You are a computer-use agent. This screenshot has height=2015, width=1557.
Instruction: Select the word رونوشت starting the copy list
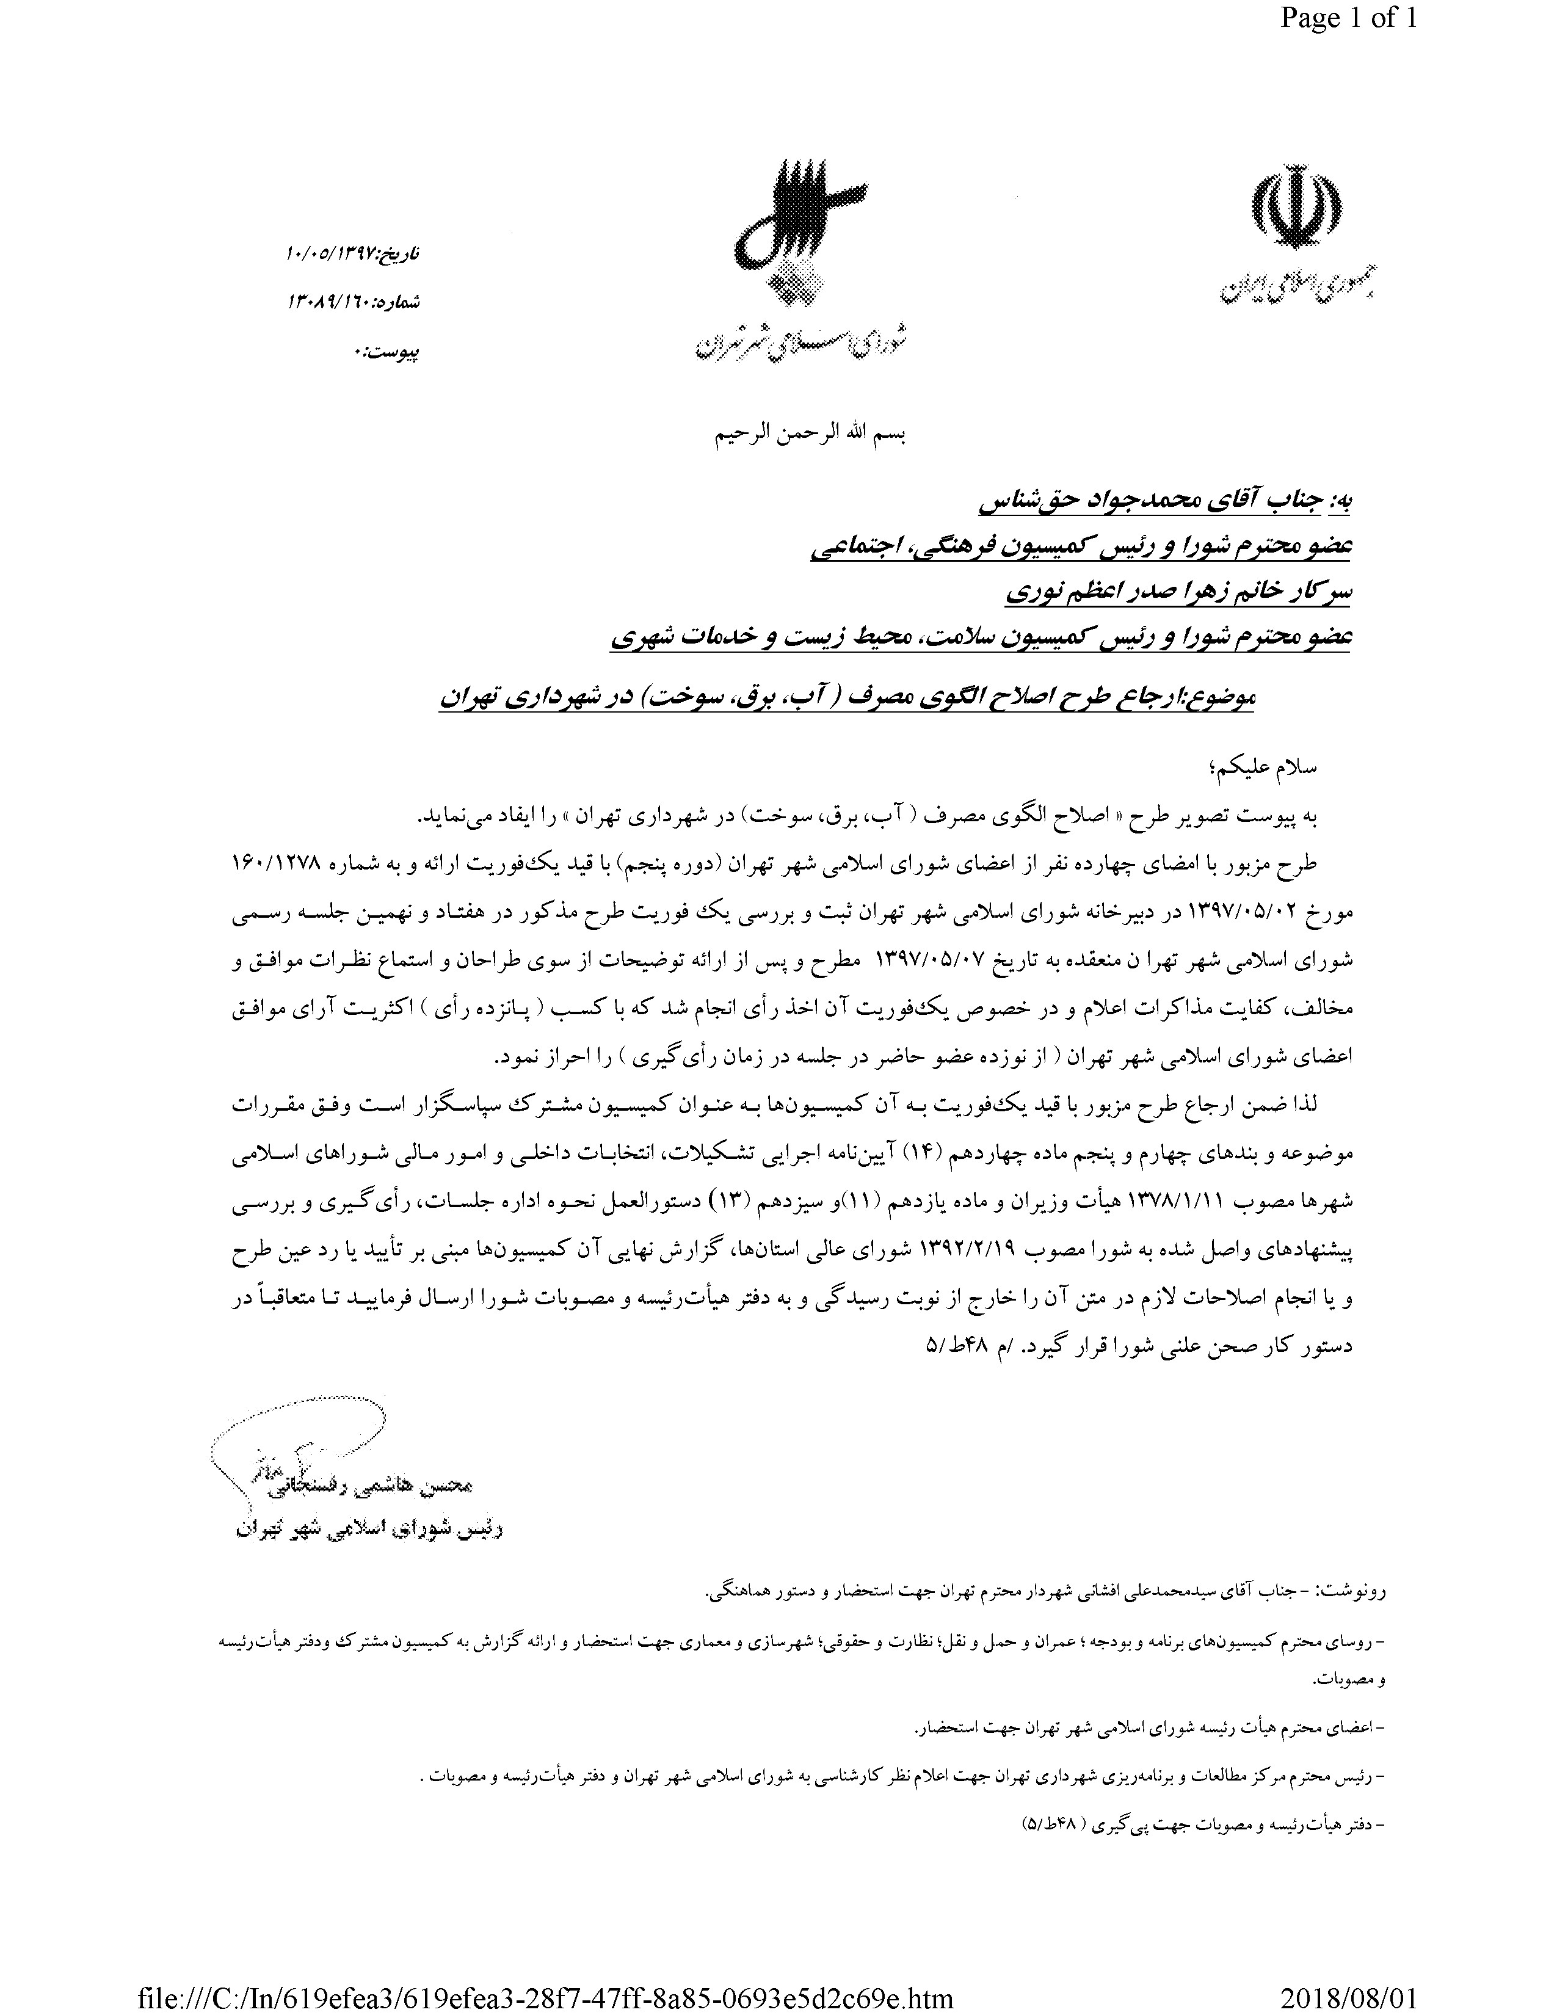point(1356,1591)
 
